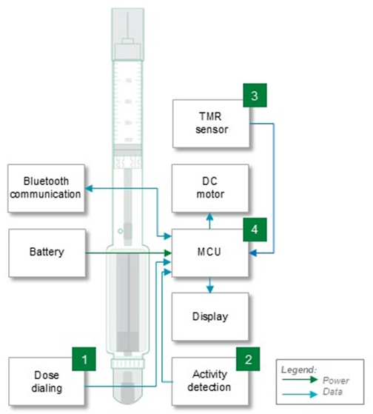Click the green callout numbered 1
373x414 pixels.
tap(85, 360)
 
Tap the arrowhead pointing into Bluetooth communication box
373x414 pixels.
tap(87, 188)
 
